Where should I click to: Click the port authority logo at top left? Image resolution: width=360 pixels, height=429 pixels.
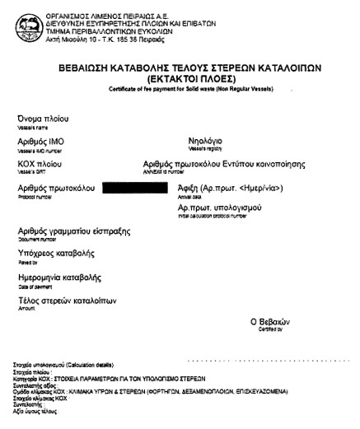pos(17,13)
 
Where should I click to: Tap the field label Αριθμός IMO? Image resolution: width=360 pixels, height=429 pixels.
pos(40,142)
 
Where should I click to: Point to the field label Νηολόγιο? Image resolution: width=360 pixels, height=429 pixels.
pos(206,142)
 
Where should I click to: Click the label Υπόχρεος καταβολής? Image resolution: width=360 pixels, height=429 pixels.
pos(54,254)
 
